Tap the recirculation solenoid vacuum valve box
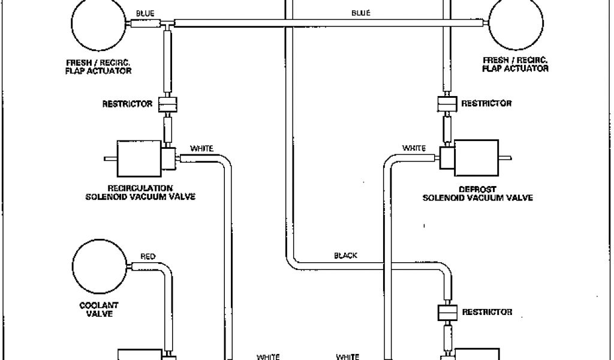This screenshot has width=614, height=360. tap(139, 158)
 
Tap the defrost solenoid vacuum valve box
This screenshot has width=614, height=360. tap(476, 157)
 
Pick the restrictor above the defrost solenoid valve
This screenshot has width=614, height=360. tap(446, 104)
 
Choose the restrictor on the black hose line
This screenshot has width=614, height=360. tap(447, 313)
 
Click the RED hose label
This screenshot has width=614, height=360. tap(148, 256)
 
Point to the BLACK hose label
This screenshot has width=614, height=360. tap(345, 255)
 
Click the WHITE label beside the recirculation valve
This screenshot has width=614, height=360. tap(201, 148)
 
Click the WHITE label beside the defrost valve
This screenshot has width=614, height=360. tap(414, 148)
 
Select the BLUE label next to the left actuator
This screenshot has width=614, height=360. tap(145, 13)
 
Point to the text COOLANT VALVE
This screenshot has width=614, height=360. tap(99, 310)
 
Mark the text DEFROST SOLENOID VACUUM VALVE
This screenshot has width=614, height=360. tap(477, 193)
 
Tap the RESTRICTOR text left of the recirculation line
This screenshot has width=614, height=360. tap(127, 104)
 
